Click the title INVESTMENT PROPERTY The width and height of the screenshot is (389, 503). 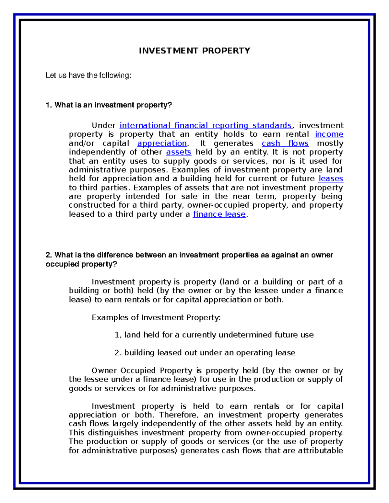click(x=194, y=51)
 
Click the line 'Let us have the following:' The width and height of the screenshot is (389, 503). click(x=88, y=75)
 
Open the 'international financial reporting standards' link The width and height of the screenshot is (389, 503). click(x=206, y=125)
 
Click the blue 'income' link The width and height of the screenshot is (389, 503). click(x=329, y=134)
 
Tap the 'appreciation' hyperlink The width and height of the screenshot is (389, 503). click(x=162, y=143)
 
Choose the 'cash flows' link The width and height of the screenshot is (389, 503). click(x=285, y=143)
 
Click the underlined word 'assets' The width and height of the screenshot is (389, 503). click(x=179, y=152)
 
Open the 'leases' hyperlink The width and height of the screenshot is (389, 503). click(x=331, y=179)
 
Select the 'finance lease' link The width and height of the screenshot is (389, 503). click(x=219, y=214)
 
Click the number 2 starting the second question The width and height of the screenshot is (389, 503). click(x=48, y=255)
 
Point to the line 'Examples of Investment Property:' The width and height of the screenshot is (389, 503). click(x=156, y=317)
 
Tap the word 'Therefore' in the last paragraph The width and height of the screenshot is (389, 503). click(x=177, y=415)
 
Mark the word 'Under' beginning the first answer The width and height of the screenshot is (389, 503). click(x=103, y=125)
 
